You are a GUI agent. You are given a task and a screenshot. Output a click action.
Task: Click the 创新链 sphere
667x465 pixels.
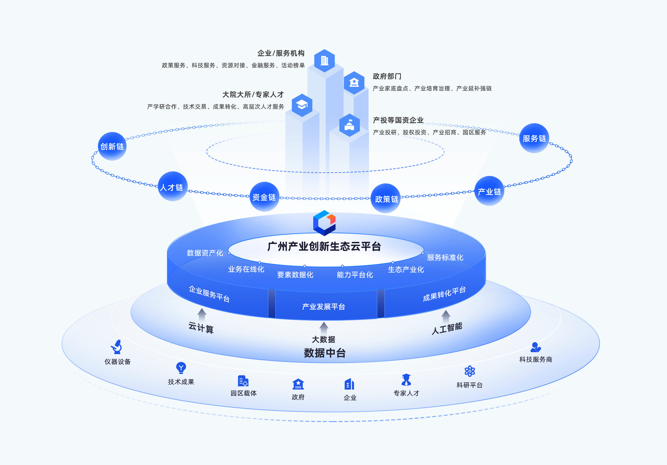tap(112, 146)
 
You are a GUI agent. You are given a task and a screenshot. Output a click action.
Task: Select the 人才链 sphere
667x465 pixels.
tap(172, 187)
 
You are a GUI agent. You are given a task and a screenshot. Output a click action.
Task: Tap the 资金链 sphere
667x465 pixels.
tap(264, 197)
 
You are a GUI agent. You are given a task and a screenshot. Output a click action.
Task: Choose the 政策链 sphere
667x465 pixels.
tap(386, 199)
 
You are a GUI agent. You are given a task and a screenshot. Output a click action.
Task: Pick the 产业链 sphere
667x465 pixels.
tap(489, 191)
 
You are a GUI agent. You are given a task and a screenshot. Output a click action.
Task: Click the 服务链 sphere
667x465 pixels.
tap(534, 138)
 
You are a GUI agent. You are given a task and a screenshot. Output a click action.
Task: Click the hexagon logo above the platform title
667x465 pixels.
tap(324, 223)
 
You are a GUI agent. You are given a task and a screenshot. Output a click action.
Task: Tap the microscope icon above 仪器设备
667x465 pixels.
tap(116, 347)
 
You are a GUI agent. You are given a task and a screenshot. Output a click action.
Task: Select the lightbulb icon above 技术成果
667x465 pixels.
tap(181, 368)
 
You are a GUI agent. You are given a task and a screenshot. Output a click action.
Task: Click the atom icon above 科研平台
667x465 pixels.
tap(470, 371)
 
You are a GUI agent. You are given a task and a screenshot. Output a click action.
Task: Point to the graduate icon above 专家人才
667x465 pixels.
tap(406, 379)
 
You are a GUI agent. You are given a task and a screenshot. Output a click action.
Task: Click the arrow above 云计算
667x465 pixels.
tap(202, 314)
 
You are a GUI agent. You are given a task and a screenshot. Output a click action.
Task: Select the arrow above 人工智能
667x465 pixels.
tap(446, 316)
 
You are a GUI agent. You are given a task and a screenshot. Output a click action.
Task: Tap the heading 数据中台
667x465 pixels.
tap(324, 353)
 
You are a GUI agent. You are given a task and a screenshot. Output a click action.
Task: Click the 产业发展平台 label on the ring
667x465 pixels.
tap(323, 307)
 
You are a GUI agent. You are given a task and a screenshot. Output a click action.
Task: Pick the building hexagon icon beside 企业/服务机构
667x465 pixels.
tap(324, 60)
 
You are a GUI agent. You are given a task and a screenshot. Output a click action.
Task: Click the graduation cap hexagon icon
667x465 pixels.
tap(302, 105)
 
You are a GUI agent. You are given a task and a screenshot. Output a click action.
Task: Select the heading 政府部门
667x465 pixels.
tap(387, 76)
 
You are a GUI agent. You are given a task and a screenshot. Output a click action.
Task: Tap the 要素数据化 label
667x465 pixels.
tap(295, 275)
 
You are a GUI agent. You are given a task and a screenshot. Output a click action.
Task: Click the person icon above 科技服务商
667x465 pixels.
tap(535, 347)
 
